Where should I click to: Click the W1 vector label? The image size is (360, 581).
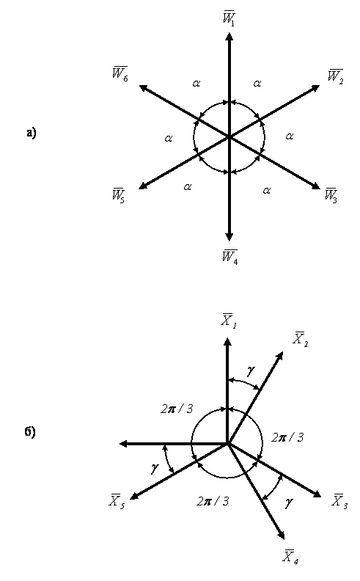229,18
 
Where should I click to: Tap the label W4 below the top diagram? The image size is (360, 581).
229,257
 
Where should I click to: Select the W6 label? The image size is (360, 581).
120,74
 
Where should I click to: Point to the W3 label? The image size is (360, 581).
331,195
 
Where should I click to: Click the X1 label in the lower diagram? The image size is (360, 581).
229,321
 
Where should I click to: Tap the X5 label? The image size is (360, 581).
117,501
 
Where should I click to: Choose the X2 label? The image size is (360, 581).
301,339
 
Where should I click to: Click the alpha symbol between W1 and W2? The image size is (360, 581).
257,84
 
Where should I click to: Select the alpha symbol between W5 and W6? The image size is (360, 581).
169,139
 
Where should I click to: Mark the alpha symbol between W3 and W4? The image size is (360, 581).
267,191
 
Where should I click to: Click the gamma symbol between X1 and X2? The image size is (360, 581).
251,370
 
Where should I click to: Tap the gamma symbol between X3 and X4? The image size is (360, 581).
290,502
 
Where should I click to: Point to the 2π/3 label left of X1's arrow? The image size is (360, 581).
177,409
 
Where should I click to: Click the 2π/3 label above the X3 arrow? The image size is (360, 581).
287,438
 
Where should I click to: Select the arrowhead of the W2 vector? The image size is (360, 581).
316,88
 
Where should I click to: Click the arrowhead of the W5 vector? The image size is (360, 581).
142,186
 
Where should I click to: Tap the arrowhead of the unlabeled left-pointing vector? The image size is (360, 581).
123,443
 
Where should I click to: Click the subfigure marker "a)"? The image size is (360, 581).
32,133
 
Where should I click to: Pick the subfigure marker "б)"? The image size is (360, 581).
30,432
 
